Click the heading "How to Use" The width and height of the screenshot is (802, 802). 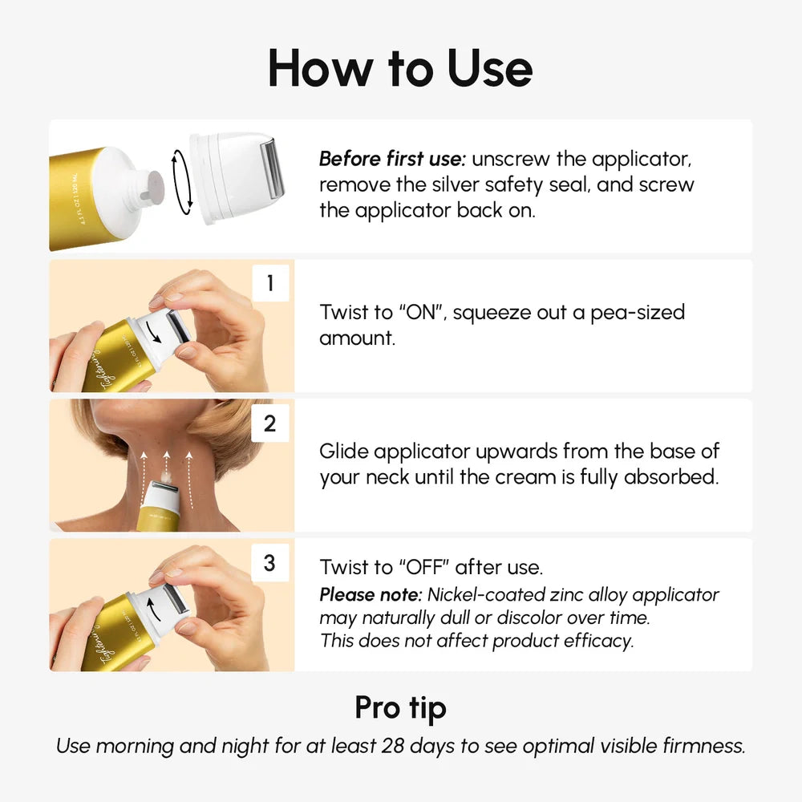click(400, 68)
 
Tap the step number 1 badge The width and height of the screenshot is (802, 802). click(269, 284)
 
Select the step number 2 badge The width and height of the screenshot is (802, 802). click(269, 423)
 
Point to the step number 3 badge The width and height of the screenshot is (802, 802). click(269, 563)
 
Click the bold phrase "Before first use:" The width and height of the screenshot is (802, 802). click(392, 158)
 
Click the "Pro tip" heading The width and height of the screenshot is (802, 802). click(400, 707)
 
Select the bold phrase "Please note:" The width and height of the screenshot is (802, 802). click(371, 595)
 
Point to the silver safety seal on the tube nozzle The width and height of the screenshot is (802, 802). click(153, 185)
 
